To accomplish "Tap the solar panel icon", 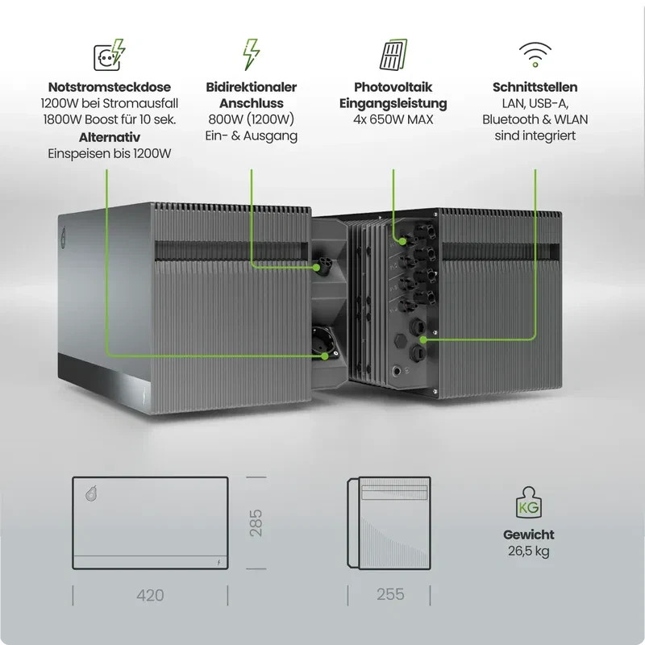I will (x=393, y=54).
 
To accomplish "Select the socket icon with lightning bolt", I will (x=108, y=54).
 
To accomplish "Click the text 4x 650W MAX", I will (x=393, y=120).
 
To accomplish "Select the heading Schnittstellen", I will (x=535, y=87).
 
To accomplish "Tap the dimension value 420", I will (x=151, y=596).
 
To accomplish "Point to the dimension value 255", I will (x=391, y=595).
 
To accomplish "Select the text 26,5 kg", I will (x=529, y=551).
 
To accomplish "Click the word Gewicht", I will (x=529, y=535).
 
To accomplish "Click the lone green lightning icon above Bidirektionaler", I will (x=252, y=54).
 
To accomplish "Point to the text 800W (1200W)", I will (x=252, y=120).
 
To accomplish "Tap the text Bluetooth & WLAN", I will (x=535, y=120).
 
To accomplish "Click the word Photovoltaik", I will (x=393, y=87).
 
